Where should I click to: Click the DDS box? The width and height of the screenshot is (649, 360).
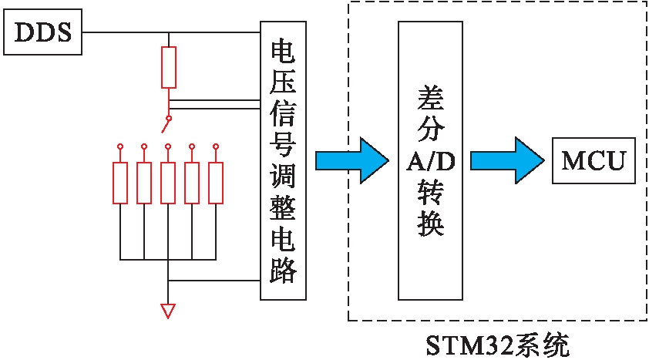pyautogui.click(x=43, y=33)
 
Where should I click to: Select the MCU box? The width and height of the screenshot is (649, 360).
pyautogui.click(x=593, y=161)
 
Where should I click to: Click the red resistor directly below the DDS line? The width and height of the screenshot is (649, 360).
pyautogui.click(x=169, y=67)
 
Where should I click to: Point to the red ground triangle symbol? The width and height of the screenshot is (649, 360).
pyautogui.click(x=168, y=311)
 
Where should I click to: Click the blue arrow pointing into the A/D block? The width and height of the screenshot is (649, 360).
pyautogui.click(x=352, y=160)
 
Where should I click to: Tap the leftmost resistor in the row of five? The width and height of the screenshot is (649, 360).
pyautogui.click(x=120, y=183)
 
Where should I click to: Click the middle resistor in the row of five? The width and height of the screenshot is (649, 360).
pyautogui.click(x=168, y=183)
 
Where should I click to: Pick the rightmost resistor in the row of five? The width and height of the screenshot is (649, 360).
pyautogui.click(x=216, y=183)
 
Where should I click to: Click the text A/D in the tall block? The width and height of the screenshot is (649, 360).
pyautogui.click(x=430, y=160)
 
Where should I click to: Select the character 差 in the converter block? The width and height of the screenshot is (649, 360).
pyautogui.click(x=430, y=96)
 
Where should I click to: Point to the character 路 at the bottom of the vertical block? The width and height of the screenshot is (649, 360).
pyautogui.click(x=284, y=269)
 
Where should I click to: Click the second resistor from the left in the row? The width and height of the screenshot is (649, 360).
pyautogui.click(x=144, y=183)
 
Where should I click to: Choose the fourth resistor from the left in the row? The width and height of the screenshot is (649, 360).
pyautogui.click(x=192, y=183)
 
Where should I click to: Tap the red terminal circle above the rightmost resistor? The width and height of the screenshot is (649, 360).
pyautogui.click(x=216, y=145)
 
